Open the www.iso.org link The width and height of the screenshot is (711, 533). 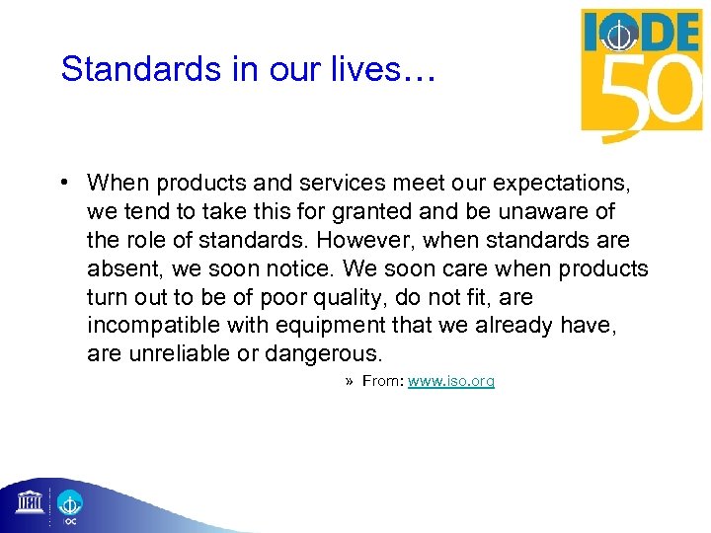tap(450, 381)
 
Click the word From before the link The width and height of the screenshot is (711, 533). tap(382, 381)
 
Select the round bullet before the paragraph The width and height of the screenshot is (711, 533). tap(62, 183)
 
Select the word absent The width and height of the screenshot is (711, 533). tap(120, 269)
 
